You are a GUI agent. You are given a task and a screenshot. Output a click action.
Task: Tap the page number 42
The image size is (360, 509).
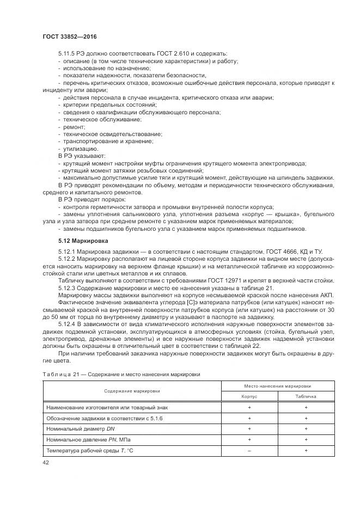click(46, 462)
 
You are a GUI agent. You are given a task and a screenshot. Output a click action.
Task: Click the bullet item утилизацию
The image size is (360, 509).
click(81, 149)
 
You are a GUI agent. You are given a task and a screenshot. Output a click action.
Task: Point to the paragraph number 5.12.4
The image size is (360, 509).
click(67, 324)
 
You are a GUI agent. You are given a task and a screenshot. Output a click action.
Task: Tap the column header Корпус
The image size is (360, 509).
click(249, 397)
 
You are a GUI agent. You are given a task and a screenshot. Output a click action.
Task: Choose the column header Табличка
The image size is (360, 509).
click(306, 397)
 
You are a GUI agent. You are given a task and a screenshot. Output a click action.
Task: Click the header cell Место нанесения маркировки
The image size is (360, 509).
click(277, 386)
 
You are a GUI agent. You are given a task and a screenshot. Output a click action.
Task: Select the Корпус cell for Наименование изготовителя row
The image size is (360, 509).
click(249, 407)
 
